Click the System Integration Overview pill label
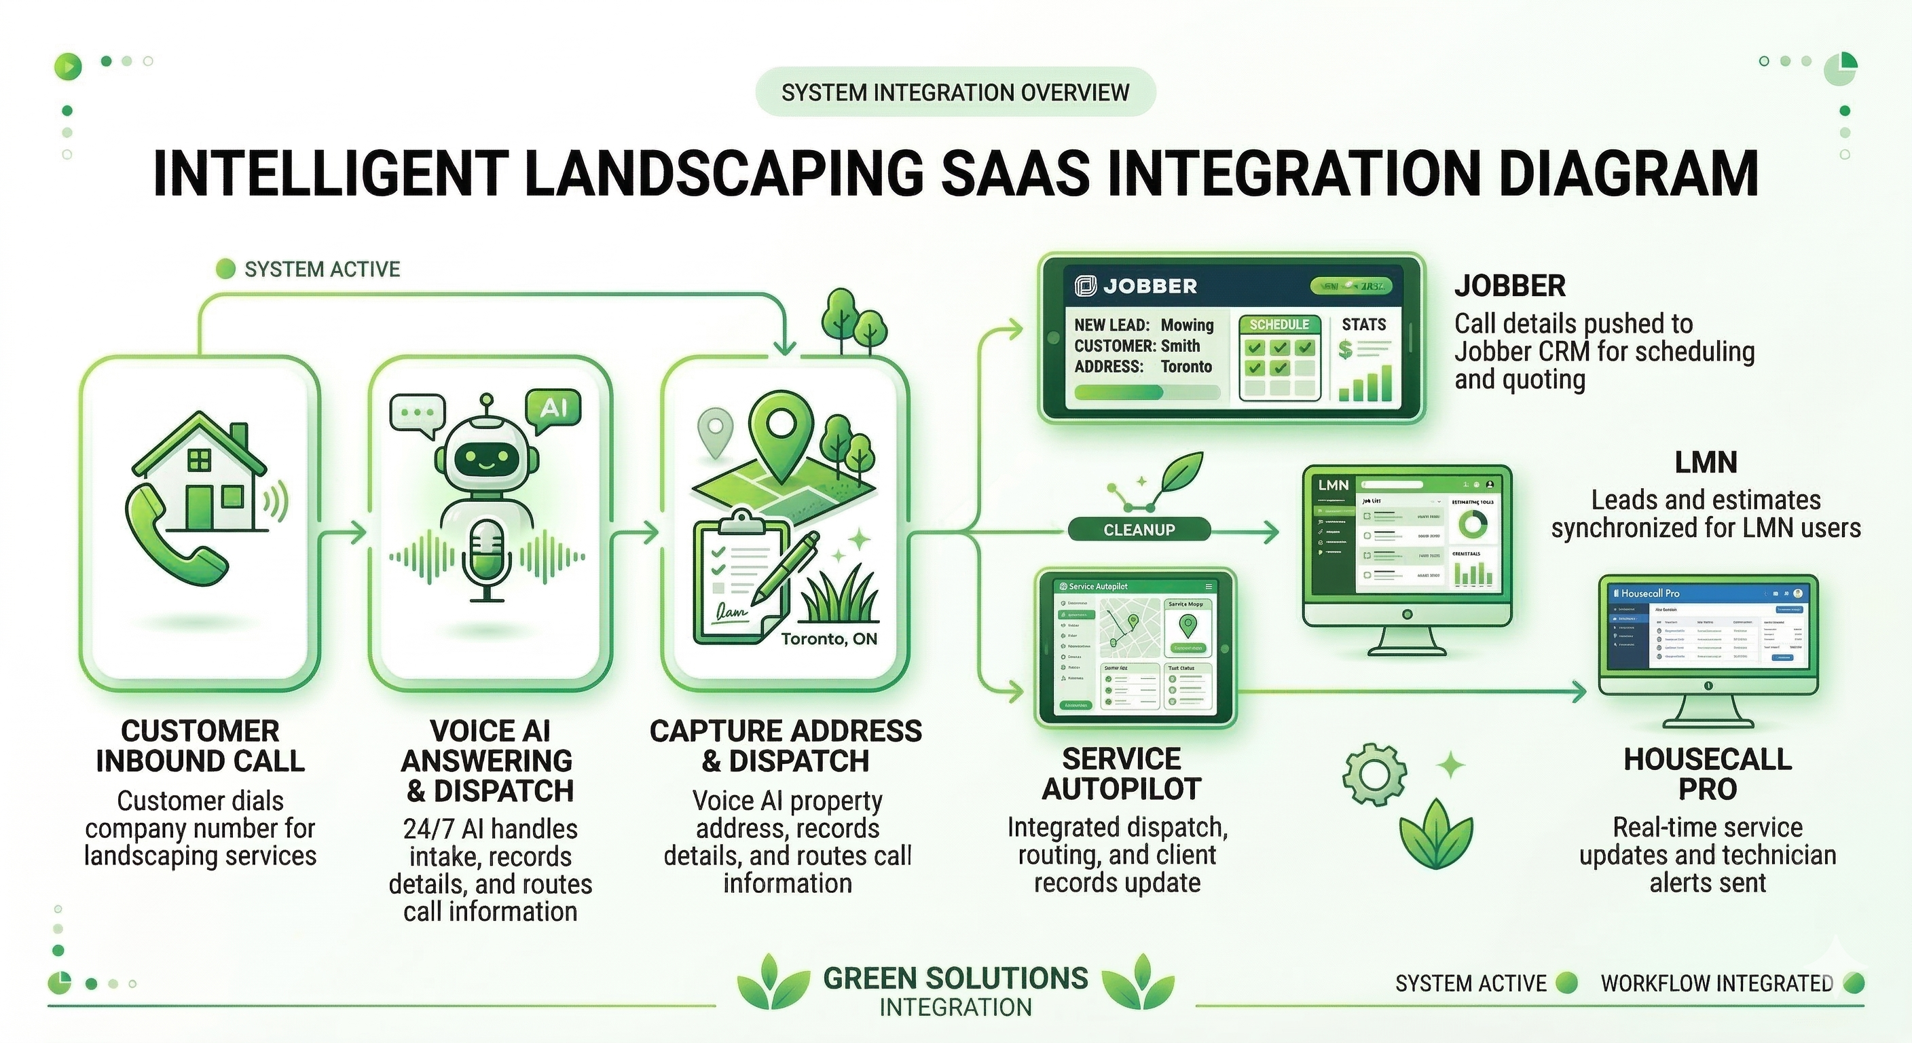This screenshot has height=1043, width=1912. click(955, 92)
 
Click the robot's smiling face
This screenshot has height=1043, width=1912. click(486, 461)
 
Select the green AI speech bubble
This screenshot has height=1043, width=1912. click(552, 409)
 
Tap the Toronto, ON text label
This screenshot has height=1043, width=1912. click(828, 639)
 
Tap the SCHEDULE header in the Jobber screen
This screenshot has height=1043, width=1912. click(1279, 325)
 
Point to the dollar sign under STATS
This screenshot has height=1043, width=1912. click(1345, 349)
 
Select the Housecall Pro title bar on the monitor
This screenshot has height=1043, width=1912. click(1707, 593)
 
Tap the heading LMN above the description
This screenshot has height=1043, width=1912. click(1706, 462)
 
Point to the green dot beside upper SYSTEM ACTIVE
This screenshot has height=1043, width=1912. click(225, 269)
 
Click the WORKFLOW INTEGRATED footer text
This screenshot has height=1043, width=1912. click(1716, 984)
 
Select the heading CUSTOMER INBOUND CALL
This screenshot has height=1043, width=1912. click(200, 746)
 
